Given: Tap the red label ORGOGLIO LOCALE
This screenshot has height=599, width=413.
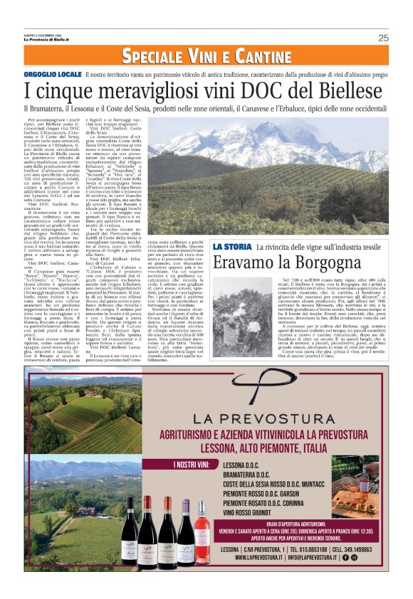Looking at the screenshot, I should pyautogui.click(x=52, y=74).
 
